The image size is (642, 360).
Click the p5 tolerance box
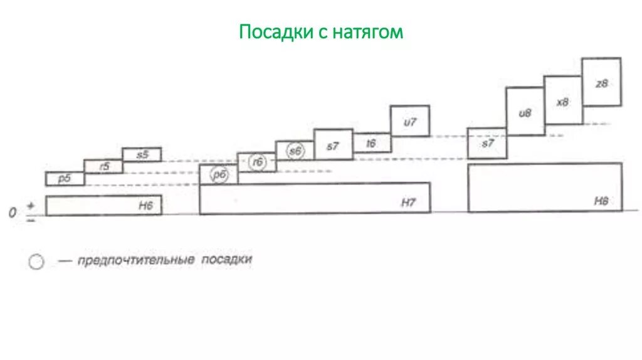(x=65, y=179)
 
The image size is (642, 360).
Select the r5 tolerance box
(x=103, y=166)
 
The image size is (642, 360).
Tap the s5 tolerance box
(x=142, y=154)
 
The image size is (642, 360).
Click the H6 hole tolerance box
(x=103, y=206)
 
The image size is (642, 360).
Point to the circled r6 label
(x=257, y=162)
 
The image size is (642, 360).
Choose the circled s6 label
(x=295, y=151)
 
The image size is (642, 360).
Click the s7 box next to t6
(x=333, y=145)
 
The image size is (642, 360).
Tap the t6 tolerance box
(x=372, y=144)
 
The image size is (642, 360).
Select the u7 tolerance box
(x=410, y=121)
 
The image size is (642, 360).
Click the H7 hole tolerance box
(x=315, y=198)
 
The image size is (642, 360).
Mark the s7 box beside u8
(x=487, y=143)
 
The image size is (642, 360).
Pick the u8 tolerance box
(x=525, y=112)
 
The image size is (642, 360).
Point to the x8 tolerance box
(x=563, y=100)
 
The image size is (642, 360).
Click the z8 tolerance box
(x=602, y=82)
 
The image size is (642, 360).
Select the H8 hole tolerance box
(x=545, y=188)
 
